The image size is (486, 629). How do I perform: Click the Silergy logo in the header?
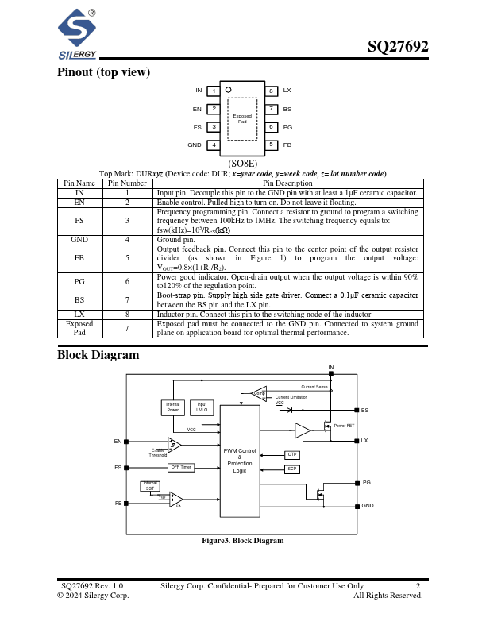point(77,34)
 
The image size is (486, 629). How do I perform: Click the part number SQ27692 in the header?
point(398,47)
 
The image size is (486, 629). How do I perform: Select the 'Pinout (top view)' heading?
point(103,72)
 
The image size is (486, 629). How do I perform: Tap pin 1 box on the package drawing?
point(214,91)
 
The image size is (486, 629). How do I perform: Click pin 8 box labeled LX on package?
point(271,91)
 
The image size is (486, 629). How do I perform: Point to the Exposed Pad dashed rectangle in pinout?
point(242,118)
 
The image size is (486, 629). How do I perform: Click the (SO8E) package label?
point(242,164)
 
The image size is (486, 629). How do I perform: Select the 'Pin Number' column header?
point(127,183)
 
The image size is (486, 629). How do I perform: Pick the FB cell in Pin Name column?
point(79,258)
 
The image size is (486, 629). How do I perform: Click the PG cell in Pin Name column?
point(79,281)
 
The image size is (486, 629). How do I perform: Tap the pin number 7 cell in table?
point(127,299)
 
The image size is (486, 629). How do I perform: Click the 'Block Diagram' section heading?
point(98,355)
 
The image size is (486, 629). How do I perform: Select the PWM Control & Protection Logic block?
point(240,461)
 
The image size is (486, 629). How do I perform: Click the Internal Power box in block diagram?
point(173,407)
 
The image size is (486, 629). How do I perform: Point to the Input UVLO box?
point(202,407)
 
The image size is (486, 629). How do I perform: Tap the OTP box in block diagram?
point(292,454)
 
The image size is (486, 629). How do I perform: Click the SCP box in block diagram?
point(292,469)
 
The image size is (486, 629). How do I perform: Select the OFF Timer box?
point(181,467)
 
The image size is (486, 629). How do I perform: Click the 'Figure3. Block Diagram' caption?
point(242,541)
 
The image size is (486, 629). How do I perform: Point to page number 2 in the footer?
point(418,585)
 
